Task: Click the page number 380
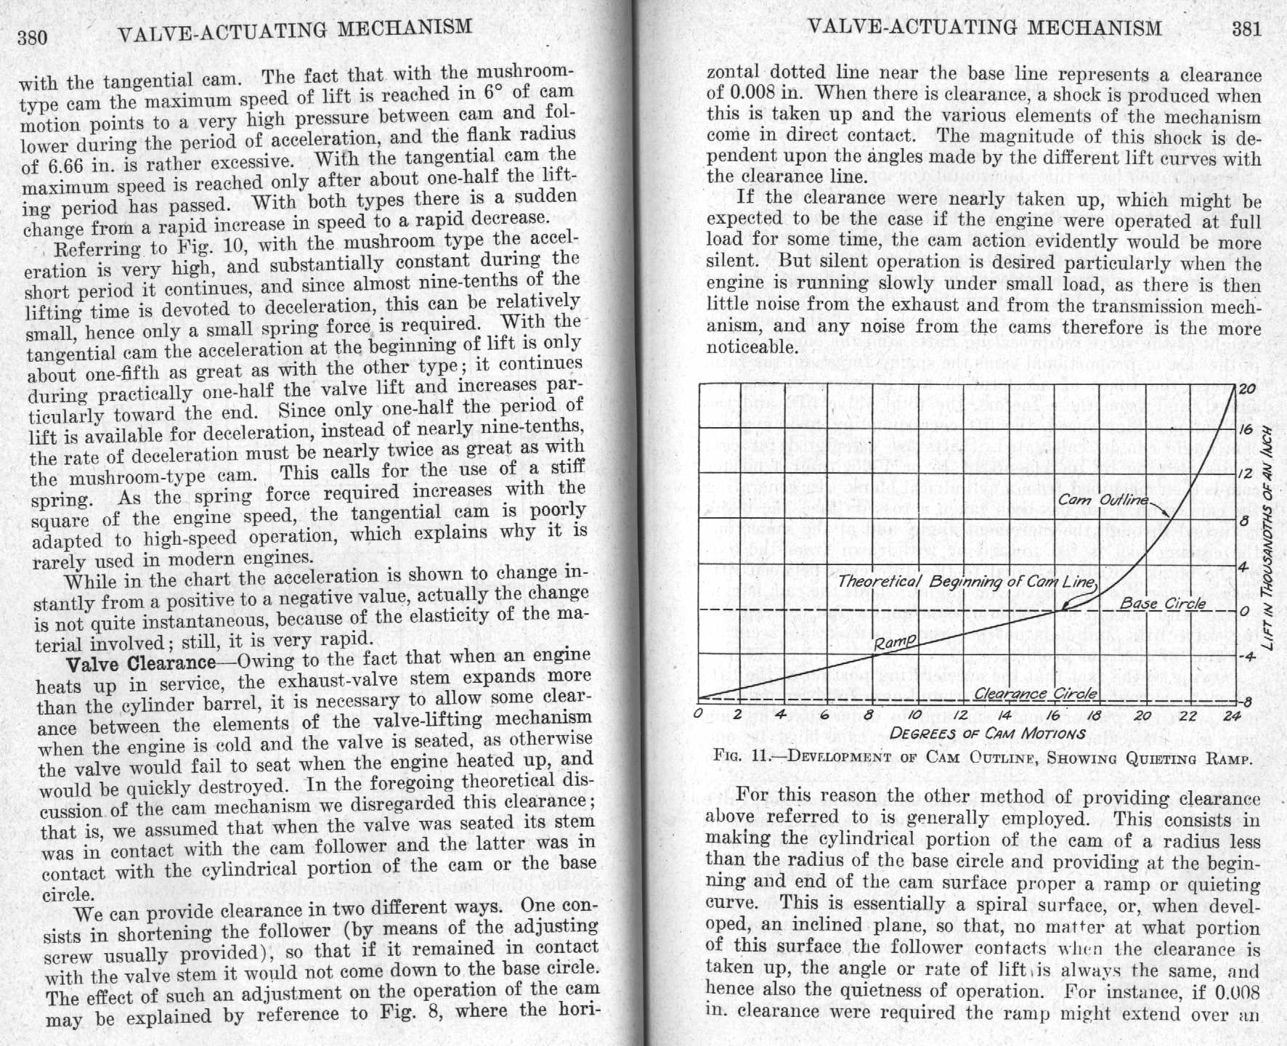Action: (x=33, y=37)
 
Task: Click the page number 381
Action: (x=1246, y=28)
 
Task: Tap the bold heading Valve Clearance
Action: (x=141, y=662)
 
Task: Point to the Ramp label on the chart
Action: (x=894, y=641)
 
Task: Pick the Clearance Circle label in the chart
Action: (x=1035, y=693)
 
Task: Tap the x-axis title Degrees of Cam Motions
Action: (x=987, y=733)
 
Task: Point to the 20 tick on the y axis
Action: (x=1246, y=389)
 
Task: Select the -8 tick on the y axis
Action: (x=1246, y=702)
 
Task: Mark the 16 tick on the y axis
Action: (x=1246, y=429)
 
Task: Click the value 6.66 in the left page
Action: (x=41, y=166)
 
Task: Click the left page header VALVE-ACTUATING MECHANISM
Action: (x=294, y=30)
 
